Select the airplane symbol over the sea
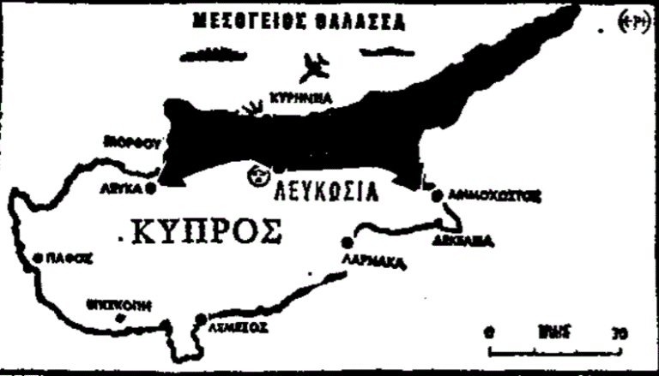point(318,66)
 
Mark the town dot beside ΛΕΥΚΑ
point(152,187)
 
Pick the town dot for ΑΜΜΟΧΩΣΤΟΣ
point(437,195)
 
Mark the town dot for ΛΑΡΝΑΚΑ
point(347,241)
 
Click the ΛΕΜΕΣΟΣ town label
point(240,326)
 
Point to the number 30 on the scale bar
point(618,331)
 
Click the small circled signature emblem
point(634,25)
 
